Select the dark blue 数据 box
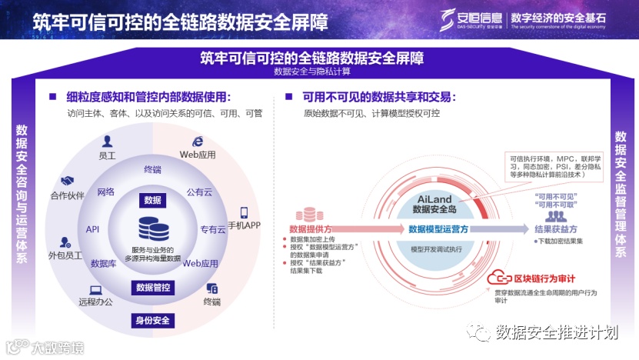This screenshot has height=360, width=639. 152,200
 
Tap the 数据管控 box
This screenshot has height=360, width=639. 153,288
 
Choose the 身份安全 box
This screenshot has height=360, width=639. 153,320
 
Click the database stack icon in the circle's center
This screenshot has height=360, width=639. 152,228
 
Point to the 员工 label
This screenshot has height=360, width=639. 107,155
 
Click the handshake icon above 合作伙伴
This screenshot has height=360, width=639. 67,181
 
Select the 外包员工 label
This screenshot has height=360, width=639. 65,255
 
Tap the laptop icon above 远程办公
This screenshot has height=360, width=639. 95,289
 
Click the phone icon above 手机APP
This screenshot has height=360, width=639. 244,212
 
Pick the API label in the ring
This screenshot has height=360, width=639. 93,229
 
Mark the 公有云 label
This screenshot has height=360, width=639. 199,192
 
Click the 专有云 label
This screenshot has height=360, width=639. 212,229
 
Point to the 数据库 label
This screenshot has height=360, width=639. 104,263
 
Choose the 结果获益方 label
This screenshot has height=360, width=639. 555,229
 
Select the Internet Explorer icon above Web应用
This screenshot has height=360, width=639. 198,141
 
